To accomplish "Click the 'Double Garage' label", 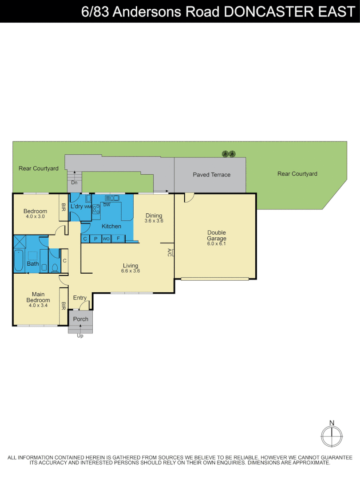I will click(216, 236).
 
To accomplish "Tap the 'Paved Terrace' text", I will click(211, 175).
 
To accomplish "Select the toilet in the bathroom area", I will click(55, 267).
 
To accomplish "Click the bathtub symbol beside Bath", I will click(18, 260).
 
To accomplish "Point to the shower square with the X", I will click(20, 242).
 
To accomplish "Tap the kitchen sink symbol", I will click(111, 198).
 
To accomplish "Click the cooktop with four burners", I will click(96, 210).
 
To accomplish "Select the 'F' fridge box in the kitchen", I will click(118, 239).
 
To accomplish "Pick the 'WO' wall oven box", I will click(106, 239).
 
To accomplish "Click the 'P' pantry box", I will click(95, 239).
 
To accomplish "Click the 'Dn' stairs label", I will click(74, 182).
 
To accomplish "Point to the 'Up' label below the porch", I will click(80, 336).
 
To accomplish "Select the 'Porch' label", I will click(80, 319).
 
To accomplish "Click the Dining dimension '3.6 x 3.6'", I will click(154, 220).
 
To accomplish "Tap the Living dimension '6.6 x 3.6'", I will click(131, 271).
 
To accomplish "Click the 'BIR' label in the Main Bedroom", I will click(63, 306).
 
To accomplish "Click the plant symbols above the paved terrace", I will click(229, 154).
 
